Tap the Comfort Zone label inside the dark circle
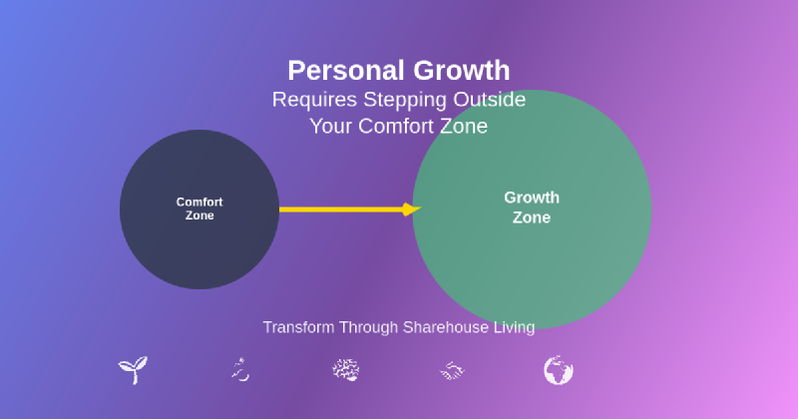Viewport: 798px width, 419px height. (x=199, y=209)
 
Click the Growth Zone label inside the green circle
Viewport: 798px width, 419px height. (x=532, y=208)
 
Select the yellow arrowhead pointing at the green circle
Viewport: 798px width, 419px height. (x=410, y=209)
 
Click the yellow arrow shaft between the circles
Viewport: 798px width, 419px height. (x=339, y=209)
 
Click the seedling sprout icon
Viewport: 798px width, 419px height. (x=133, y=371)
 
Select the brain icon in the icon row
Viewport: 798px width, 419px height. (x=345, y=371)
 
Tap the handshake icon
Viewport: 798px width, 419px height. (x=452, y=371)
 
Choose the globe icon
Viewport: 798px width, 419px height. (x=559, y=371)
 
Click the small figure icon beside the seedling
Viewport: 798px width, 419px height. (x=238, y=371)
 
